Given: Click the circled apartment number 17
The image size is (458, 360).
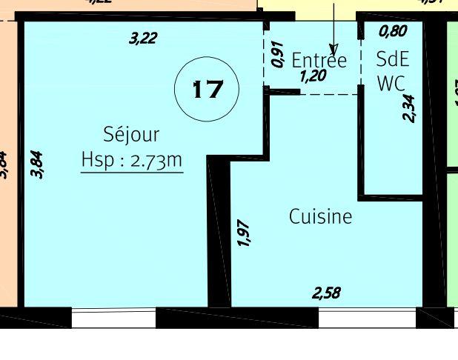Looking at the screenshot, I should [207, 89].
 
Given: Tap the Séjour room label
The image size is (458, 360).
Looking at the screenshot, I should [131, 135].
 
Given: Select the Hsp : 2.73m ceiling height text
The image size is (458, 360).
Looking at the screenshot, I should [131, 160].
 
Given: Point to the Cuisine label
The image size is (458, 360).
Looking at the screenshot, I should [320, 217].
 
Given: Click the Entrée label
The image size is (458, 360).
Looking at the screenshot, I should [319, 60].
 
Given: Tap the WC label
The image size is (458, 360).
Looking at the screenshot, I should [391, 84].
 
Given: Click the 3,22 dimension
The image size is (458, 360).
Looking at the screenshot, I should [142, 38].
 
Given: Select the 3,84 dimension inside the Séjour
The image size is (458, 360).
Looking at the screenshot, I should [38, 164].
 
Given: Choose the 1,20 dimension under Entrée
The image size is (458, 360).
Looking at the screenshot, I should [313, 76].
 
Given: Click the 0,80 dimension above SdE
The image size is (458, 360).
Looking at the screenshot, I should [393, 32].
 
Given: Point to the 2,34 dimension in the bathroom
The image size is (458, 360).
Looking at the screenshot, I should [408, 107].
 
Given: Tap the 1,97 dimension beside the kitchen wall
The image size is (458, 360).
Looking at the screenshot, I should [244, 233].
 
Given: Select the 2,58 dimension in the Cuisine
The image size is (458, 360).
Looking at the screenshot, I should [326, 293].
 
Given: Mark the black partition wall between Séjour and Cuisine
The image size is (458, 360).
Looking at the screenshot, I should [218, 237].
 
